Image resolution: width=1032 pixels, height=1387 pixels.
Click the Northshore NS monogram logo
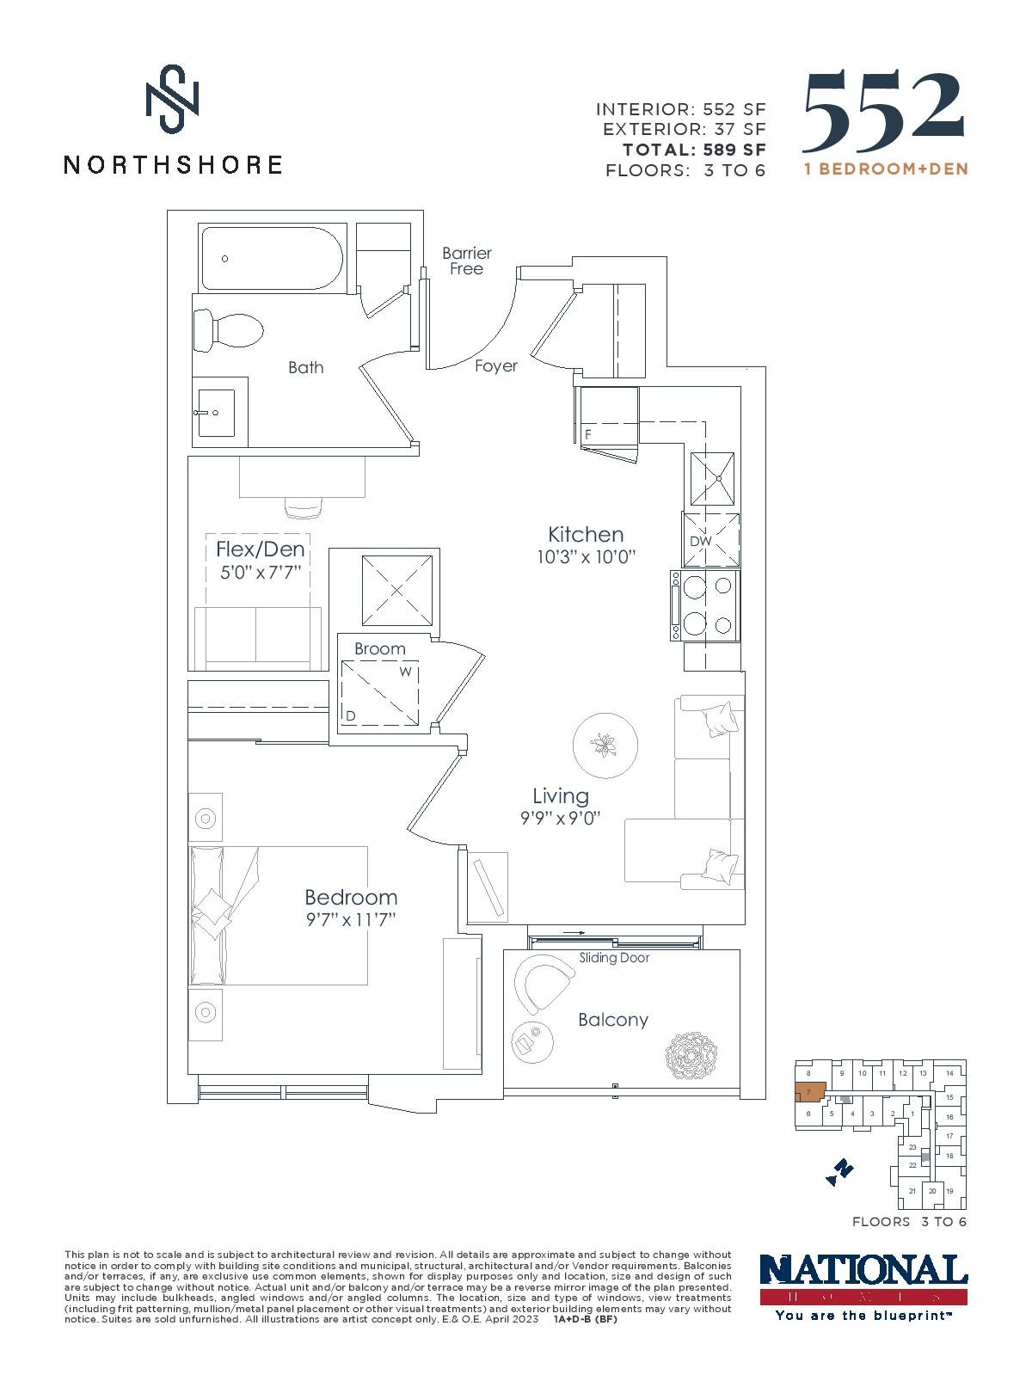pyautogui.click(x=173, y=99)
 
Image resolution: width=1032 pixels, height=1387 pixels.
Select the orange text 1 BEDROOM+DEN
pyautogui.click(x=887, y=169)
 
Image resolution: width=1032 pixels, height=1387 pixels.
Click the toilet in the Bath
pyautogui.click(x=228, y=331)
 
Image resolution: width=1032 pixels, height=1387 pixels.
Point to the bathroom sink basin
pyautogui.click(x=217, y=412)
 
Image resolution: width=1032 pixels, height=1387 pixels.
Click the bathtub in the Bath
pyautogui.click(x=272, y=258)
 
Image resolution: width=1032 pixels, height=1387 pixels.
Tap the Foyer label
pyautogui.click(x=496, y=365)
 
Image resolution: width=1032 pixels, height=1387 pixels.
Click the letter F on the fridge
pyautogui.click(x=588, y=434)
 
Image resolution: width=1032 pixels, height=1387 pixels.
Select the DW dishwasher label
pyautogui.click(x=701, y=541)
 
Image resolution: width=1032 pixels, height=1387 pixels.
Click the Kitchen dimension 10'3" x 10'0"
pyautogui.click(x=586, y=556)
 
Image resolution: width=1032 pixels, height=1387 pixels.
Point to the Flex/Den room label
pyautogui.click(x=261, y=549)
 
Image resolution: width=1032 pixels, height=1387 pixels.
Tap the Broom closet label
pyautogui.click(x=379, y=649)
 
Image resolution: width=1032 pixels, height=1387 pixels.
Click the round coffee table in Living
pyautogui.click(x=605, y=746)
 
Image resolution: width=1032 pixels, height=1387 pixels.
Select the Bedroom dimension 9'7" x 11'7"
pyautogui.click(x=351, y=920)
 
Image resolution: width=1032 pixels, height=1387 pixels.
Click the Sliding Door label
pyautogui.click(x=614, y=957)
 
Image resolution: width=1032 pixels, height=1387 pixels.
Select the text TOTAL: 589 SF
pyautogui.click(x=694, y=150)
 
